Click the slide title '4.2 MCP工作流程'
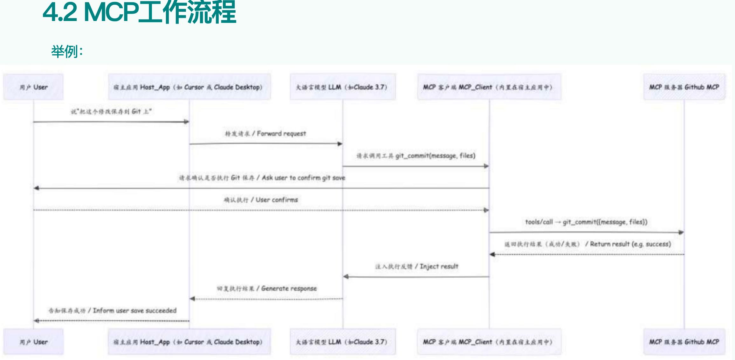(139, 13)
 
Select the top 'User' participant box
(33, 87)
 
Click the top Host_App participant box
(189, 87)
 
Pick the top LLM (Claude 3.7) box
(342, 87)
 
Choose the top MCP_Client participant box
(489, 87)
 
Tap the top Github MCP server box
(684, 87)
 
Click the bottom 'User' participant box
(33, 342)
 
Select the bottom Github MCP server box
(684, 342)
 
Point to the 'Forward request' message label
(265, 134)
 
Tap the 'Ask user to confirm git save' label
(262, 178)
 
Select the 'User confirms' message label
(261, 200)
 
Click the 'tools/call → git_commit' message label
(586, 222)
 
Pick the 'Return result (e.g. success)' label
(587, 244)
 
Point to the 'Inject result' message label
(416, 267)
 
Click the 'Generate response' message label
(267, 289)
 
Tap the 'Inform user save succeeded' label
(112, 311)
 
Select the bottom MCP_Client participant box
(489, 342)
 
